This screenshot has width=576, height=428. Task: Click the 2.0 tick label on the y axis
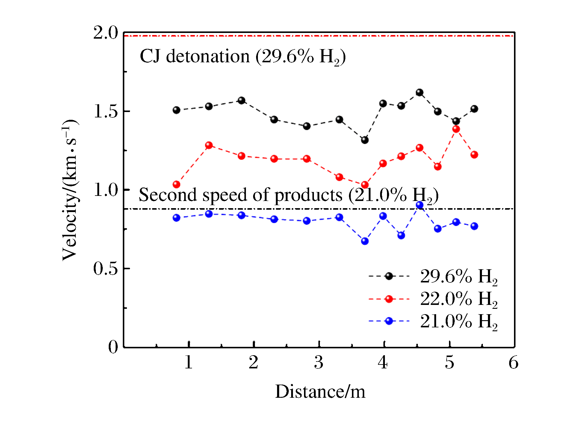(x=106, y=33)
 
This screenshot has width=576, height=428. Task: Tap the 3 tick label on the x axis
(x=319, y=362)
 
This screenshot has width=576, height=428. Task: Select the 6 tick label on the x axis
(x=513, y=362)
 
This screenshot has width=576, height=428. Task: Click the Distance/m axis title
(x=320, y=392)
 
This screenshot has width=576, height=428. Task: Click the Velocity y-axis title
(x=70, y=190)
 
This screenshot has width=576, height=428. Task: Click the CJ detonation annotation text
(x=243, y=56)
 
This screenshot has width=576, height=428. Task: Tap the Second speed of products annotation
(x=288, y=195)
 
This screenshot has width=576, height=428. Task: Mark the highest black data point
(x=420, y=93)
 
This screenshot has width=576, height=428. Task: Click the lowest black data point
(x=365, y=140)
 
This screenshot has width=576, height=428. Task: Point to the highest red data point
(x=456, y=129)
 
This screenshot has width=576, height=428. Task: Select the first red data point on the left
(x=176, y=184)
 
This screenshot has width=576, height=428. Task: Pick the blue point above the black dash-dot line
(x=420, y=205)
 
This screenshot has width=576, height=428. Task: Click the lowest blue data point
(x=365, y=241)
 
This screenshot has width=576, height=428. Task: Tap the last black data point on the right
(x=474, y=109)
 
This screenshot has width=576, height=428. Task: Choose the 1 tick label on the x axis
(x=188, y=362)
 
